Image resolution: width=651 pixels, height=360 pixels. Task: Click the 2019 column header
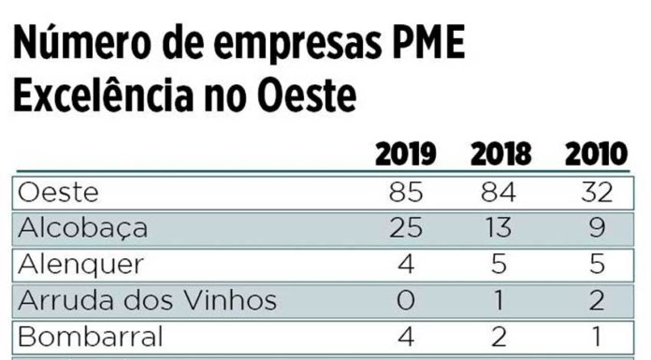pyautogui.click(x=406, y=154)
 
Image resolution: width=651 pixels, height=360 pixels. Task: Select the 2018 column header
pyautogui.click(x=500, y=154)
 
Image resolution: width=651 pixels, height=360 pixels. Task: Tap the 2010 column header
pyautogui.click(x=595, y=154)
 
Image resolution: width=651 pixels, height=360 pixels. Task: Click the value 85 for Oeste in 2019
pyautogui.click(x=405, y=194)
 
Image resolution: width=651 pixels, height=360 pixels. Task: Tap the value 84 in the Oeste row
pyautogui.click(x=499, y=194)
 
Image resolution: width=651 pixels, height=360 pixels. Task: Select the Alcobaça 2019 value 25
pyautogui.click(x=405, y=229)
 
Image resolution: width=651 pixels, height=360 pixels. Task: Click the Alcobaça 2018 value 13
pyautogui.click(x=499, y=229)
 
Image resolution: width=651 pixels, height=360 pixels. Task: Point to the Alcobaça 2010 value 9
pyautogui.click(x=595, y=229)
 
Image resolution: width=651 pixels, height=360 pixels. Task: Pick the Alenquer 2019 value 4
pyautogui.click(x=405, y=265)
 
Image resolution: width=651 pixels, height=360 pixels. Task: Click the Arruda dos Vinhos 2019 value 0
pyautogui.click(x=405, y=300)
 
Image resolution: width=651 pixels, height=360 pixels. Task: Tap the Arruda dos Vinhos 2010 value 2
pyautogui.click(x=595, y=300)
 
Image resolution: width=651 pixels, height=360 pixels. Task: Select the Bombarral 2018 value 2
pyautogui.click(x=499, y=336)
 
